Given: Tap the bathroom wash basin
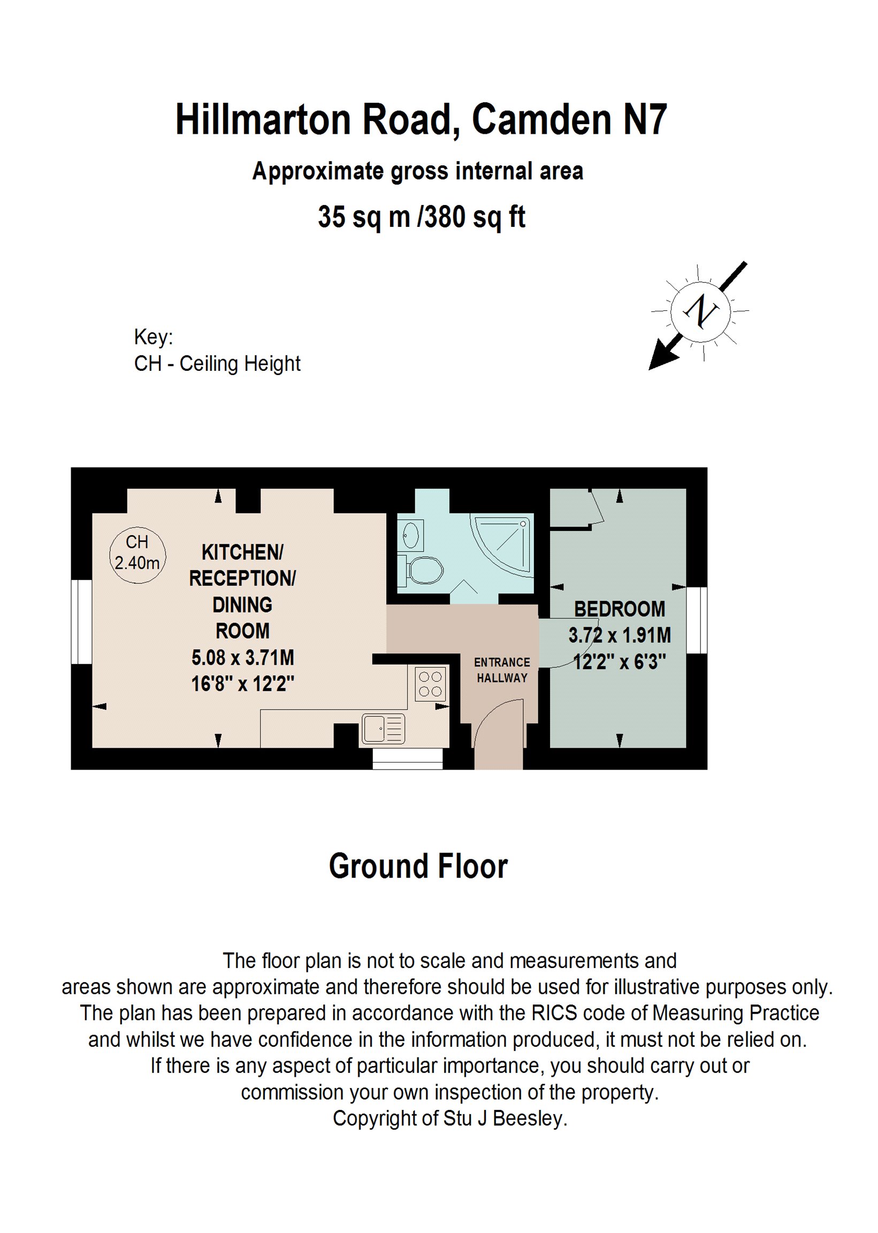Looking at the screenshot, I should (x=411, y=536).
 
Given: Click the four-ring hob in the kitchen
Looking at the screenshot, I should (x=430, y=684).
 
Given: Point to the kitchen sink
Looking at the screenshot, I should (x=382, y=728).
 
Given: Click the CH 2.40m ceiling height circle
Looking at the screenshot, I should (x=138, y=555).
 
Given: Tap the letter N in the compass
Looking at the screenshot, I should (x=701, y=311).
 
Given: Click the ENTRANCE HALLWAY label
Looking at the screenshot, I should (x=502, y=670).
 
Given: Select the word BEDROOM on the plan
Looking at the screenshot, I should (x=619, y=609).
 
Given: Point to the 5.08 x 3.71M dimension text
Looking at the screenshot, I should (x=243, y=658).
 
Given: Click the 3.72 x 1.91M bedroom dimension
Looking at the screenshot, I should (x=619, y=635).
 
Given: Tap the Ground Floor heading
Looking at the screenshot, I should (x=418, y=866).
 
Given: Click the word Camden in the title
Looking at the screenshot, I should (x=541, y=119).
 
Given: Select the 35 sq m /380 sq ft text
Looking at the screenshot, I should (x=421, y=217).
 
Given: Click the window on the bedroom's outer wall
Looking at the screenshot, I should (x=697, y=620).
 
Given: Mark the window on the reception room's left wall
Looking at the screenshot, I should (x=82, y=622).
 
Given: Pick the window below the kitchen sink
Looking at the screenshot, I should (x=408, y=758).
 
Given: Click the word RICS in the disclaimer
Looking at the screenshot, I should (x=554, y=1013).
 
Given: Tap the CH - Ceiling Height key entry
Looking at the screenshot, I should (x=217, y=363).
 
